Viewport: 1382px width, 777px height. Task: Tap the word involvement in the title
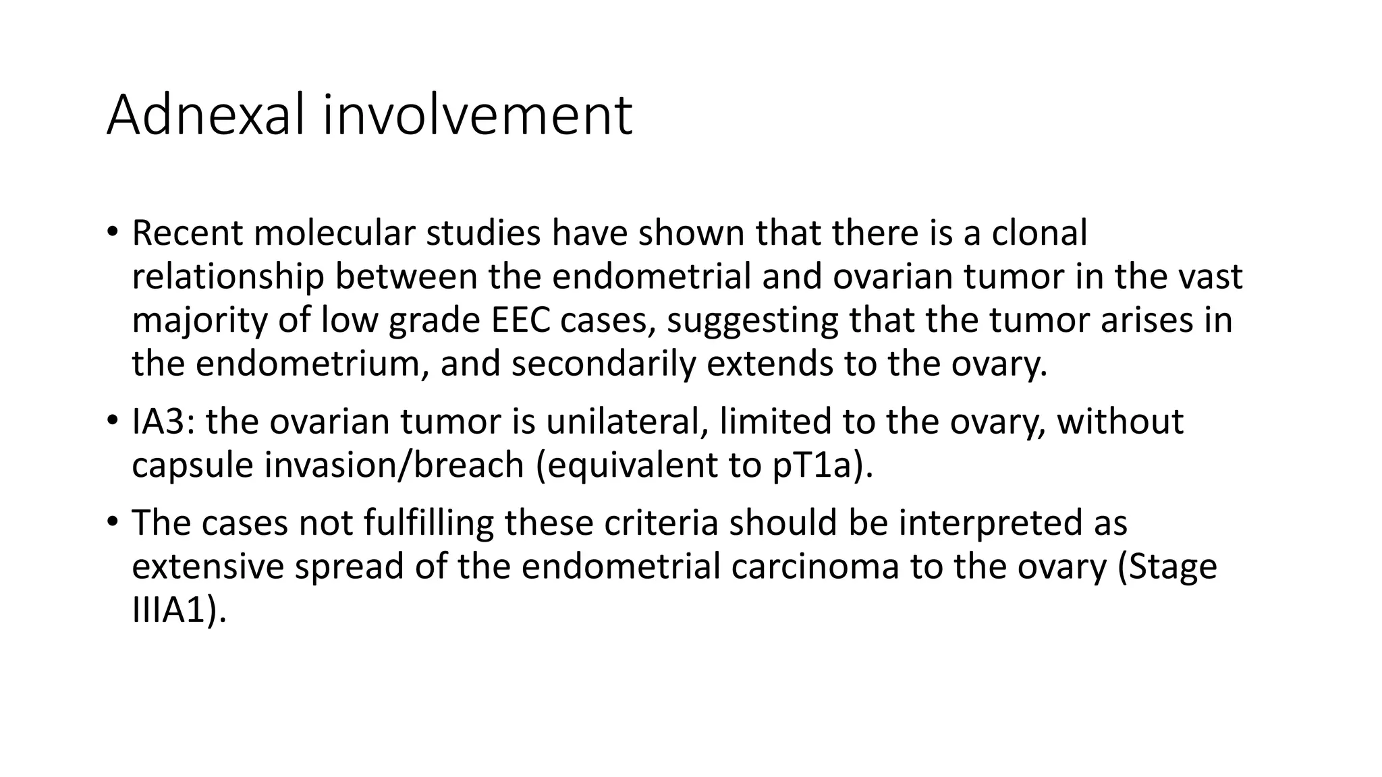tap(477, 115)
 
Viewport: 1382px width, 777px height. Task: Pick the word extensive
tap(208, 567)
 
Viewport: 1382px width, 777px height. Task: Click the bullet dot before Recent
tap(112, 233)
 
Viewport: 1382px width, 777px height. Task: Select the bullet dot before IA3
tap(112, 422)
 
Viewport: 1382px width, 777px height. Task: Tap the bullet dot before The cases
tap(112, 523)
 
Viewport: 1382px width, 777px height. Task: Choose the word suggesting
tap(752, 322)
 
